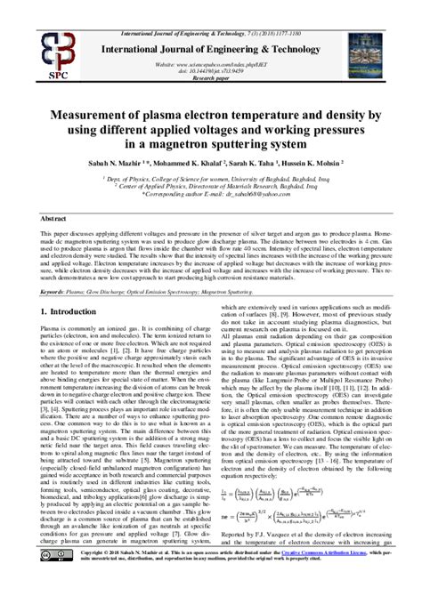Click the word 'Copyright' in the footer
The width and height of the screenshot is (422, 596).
pyautogui.click(x=97, y=576)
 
